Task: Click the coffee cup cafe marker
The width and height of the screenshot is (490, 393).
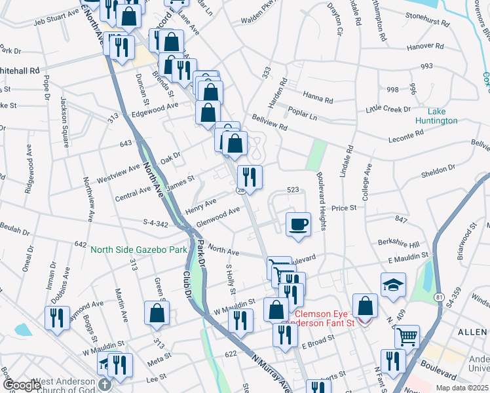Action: (x=298, y=224)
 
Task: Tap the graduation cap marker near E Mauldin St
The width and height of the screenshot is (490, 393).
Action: (x=393, y=285)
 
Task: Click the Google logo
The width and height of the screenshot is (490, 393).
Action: (x=22, y=385)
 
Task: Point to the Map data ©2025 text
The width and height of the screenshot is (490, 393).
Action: (x=462, y=388)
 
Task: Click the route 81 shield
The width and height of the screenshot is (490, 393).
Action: (x=438, y=297)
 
